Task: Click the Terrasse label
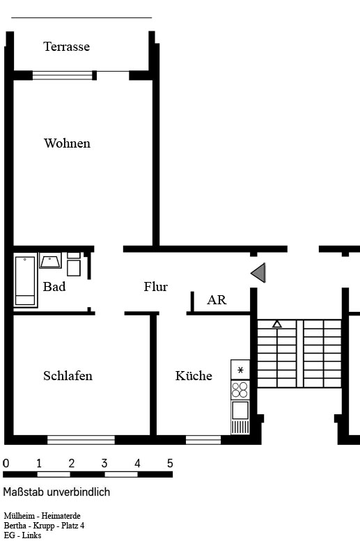(66, 47)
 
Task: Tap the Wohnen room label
(67, 143)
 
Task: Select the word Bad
(54, 286)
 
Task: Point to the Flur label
(156, 286)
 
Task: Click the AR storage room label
(217, 300)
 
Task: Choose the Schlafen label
(68, 376)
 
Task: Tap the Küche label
(194, 375)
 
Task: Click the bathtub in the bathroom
(25, 280)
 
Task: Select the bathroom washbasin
(50, 260)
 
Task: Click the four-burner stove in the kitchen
(240, 390)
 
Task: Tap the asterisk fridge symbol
(240, 370)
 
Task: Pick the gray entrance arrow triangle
(258, 273)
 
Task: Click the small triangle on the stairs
(277, 324)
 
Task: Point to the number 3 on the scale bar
(104, 463)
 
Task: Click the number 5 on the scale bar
(170, 463)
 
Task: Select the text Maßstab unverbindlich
(56, 492)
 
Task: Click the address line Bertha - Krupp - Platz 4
(44, 526)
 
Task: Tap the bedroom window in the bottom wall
(81, 440)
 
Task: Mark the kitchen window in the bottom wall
(203, 440)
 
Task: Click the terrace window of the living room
(63, 75)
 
